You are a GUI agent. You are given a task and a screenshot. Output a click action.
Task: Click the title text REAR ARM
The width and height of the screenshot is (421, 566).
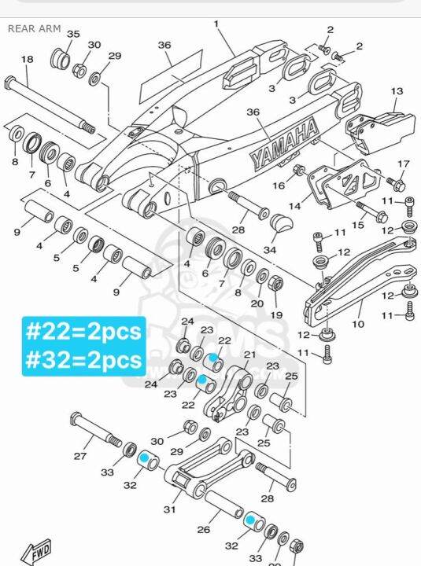coord(34,28)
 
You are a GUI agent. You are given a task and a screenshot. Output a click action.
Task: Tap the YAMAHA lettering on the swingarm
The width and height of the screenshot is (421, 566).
coord(283,143)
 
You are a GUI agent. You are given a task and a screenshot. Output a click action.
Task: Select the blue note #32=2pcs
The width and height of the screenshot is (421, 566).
coord(83,359)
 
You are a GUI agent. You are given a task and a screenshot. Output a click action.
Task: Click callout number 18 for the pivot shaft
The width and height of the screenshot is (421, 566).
coord(27,60)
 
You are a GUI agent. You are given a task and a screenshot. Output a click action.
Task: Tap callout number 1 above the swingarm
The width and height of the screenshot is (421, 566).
coord(216,24)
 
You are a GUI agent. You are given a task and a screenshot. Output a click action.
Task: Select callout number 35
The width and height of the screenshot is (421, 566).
coord(73,35)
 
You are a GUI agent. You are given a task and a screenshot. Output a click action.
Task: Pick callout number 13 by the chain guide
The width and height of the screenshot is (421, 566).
coord(396,91)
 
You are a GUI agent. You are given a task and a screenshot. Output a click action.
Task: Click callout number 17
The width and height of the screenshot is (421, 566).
coord(403,164)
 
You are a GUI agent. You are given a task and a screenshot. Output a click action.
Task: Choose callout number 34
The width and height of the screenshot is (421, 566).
coord(270,250)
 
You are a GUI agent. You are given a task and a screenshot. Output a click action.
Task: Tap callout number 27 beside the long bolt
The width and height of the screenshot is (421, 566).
coord(79,456)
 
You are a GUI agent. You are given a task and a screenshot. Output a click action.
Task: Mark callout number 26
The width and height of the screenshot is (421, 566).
coord(203,529)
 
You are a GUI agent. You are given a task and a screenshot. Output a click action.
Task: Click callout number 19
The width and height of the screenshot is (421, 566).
coord(276,314)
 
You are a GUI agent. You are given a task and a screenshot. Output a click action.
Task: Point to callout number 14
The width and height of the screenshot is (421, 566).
coord(294,206)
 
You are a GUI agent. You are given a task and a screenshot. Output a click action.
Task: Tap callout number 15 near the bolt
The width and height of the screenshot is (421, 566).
coord(357,226)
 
